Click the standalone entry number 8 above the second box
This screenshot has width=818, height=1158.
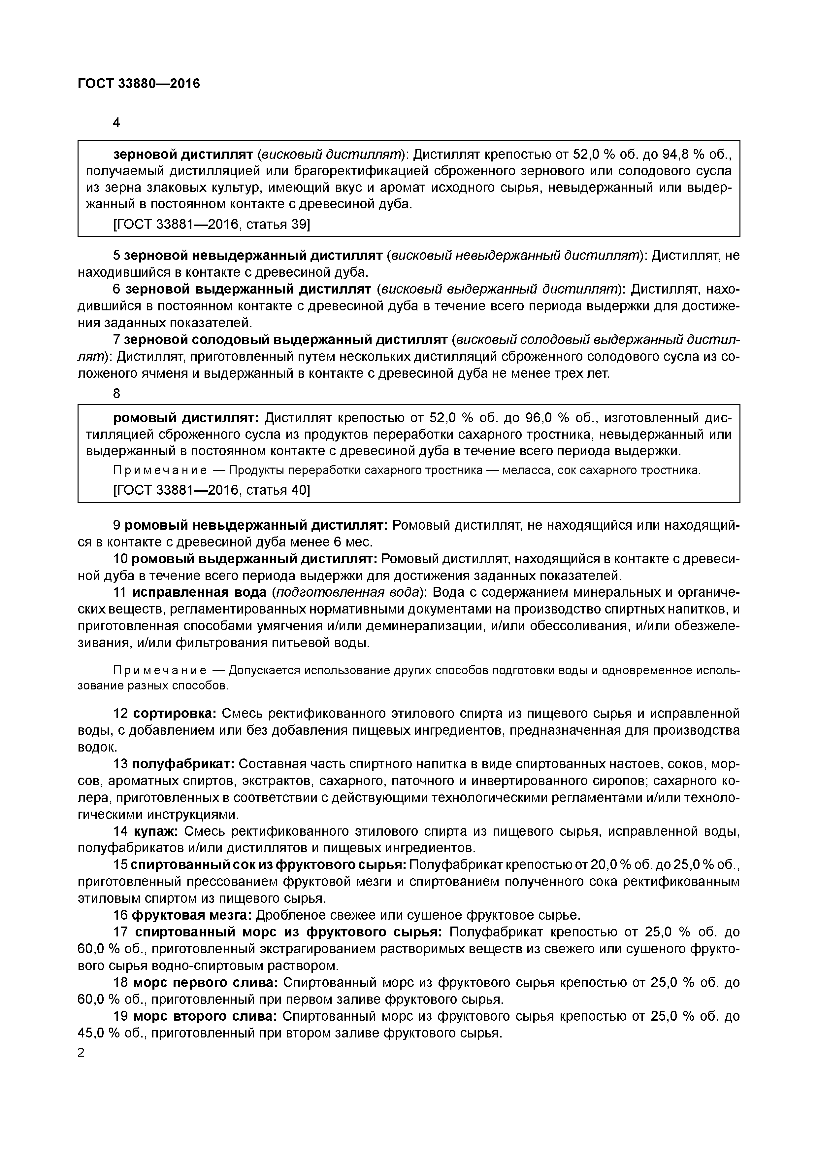(116, 393)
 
